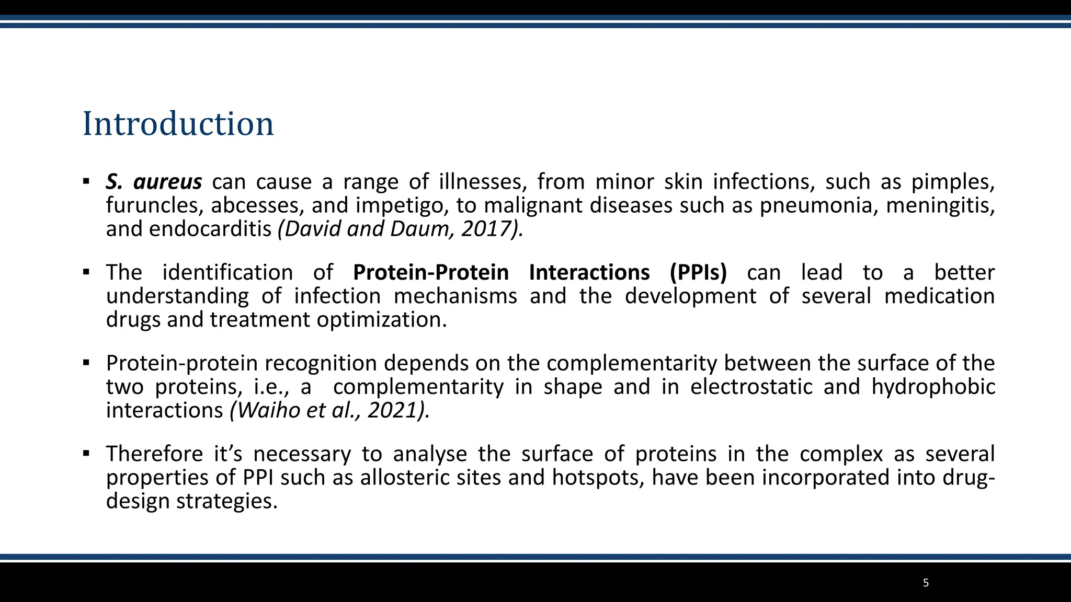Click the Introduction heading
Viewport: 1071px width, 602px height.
[x=178, y=124]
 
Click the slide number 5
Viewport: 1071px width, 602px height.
[x=926, y=583]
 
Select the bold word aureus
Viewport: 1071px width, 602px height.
[x=167, y=182]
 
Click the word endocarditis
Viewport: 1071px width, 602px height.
[x=210, y=229]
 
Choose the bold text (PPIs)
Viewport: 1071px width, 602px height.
[x=698, y=273]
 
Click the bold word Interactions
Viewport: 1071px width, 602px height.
[x=589, y=273]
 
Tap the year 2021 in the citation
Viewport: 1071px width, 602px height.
[x=392, y=410]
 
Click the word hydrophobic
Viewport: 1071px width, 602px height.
[x=933, y=387]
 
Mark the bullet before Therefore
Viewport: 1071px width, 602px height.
[x=86, y=453]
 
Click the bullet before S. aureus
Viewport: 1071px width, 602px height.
[x=86, y=182]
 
